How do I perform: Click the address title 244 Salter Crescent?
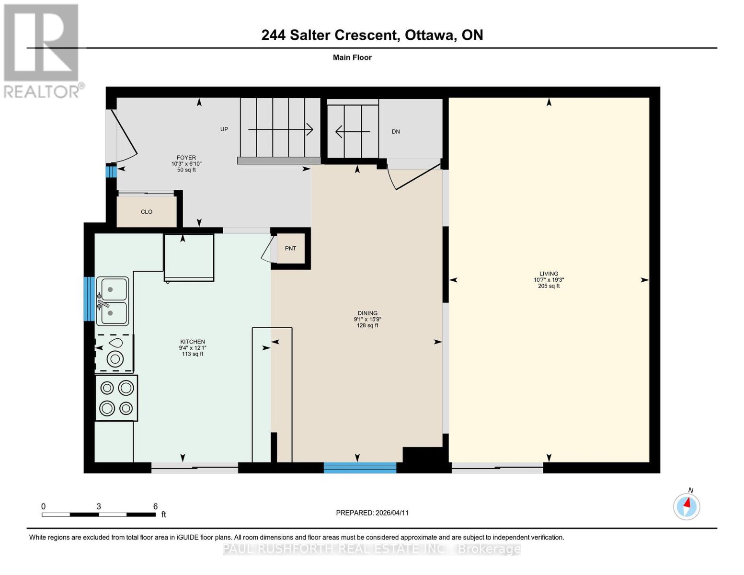[x=372, y=35]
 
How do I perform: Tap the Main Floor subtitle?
[x=352, y=57]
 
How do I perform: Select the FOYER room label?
[x=186, y=158]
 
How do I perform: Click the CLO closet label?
[x=147, y=212]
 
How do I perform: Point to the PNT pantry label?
[x=290, y=249]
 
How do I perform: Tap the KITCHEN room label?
[x=192, y=342]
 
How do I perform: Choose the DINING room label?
[x=367, y=313]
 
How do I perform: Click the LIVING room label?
[x=549, y=274]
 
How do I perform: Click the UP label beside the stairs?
[x=224, y=129]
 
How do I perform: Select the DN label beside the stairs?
[x=396, y=132]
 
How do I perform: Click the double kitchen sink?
[x=113, y=301]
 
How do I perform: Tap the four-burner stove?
[x=116, y=398]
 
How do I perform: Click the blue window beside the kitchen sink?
[x=89, y=299]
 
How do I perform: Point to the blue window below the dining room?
[x=360, y=468]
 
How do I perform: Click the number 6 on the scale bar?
[x=155, y=506]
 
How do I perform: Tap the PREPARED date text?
[x=372, y=513]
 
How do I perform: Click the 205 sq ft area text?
[x=549, y=286]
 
